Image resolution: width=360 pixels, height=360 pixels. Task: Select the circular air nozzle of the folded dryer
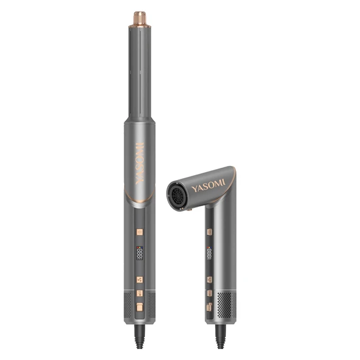[x=177, y=196]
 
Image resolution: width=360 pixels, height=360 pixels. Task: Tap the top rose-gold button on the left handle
[x=139, y=232]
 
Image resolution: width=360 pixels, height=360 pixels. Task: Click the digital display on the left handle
[x=139, y=252]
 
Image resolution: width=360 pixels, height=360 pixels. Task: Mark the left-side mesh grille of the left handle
[x=127, y=307]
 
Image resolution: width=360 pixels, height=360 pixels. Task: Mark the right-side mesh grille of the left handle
[x=151, y=307]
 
